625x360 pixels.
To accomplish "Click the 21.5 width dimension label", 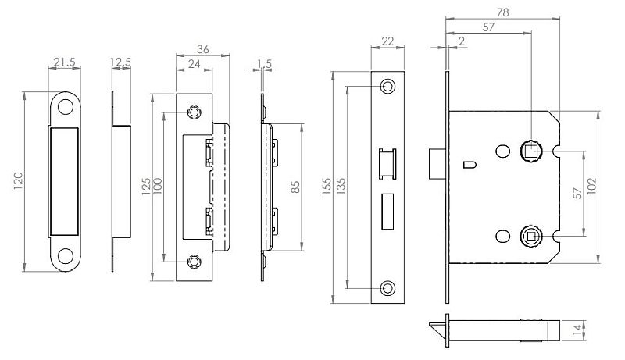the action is pyautogui.click(x=64, y=62).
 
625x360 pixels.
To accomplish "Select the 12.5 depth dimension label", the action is pyautogui.click(x=121, y=62).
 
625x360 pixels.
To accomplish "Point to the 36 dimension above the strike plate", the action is pyautogui.click(x=202, y=49).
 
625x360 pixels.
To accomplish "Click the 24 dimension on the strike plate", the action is pyautogui.click(x=194, y=64).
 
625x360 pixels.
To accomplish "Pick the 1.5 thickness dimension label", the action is pyautogui.click(x=264, y=64).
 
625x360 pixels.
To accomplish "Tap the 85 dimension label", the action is pyautogui.click(x=295, y=187).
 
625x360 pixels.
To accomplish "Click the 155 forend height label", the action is pyautogui.click(x=327, y=187).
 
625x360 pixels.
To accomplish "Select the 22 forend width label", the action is pyautogui.click(x=387, y=41).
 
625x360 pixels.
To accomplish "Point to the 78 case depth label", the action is pyautogui.click(x=502, y=12).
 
